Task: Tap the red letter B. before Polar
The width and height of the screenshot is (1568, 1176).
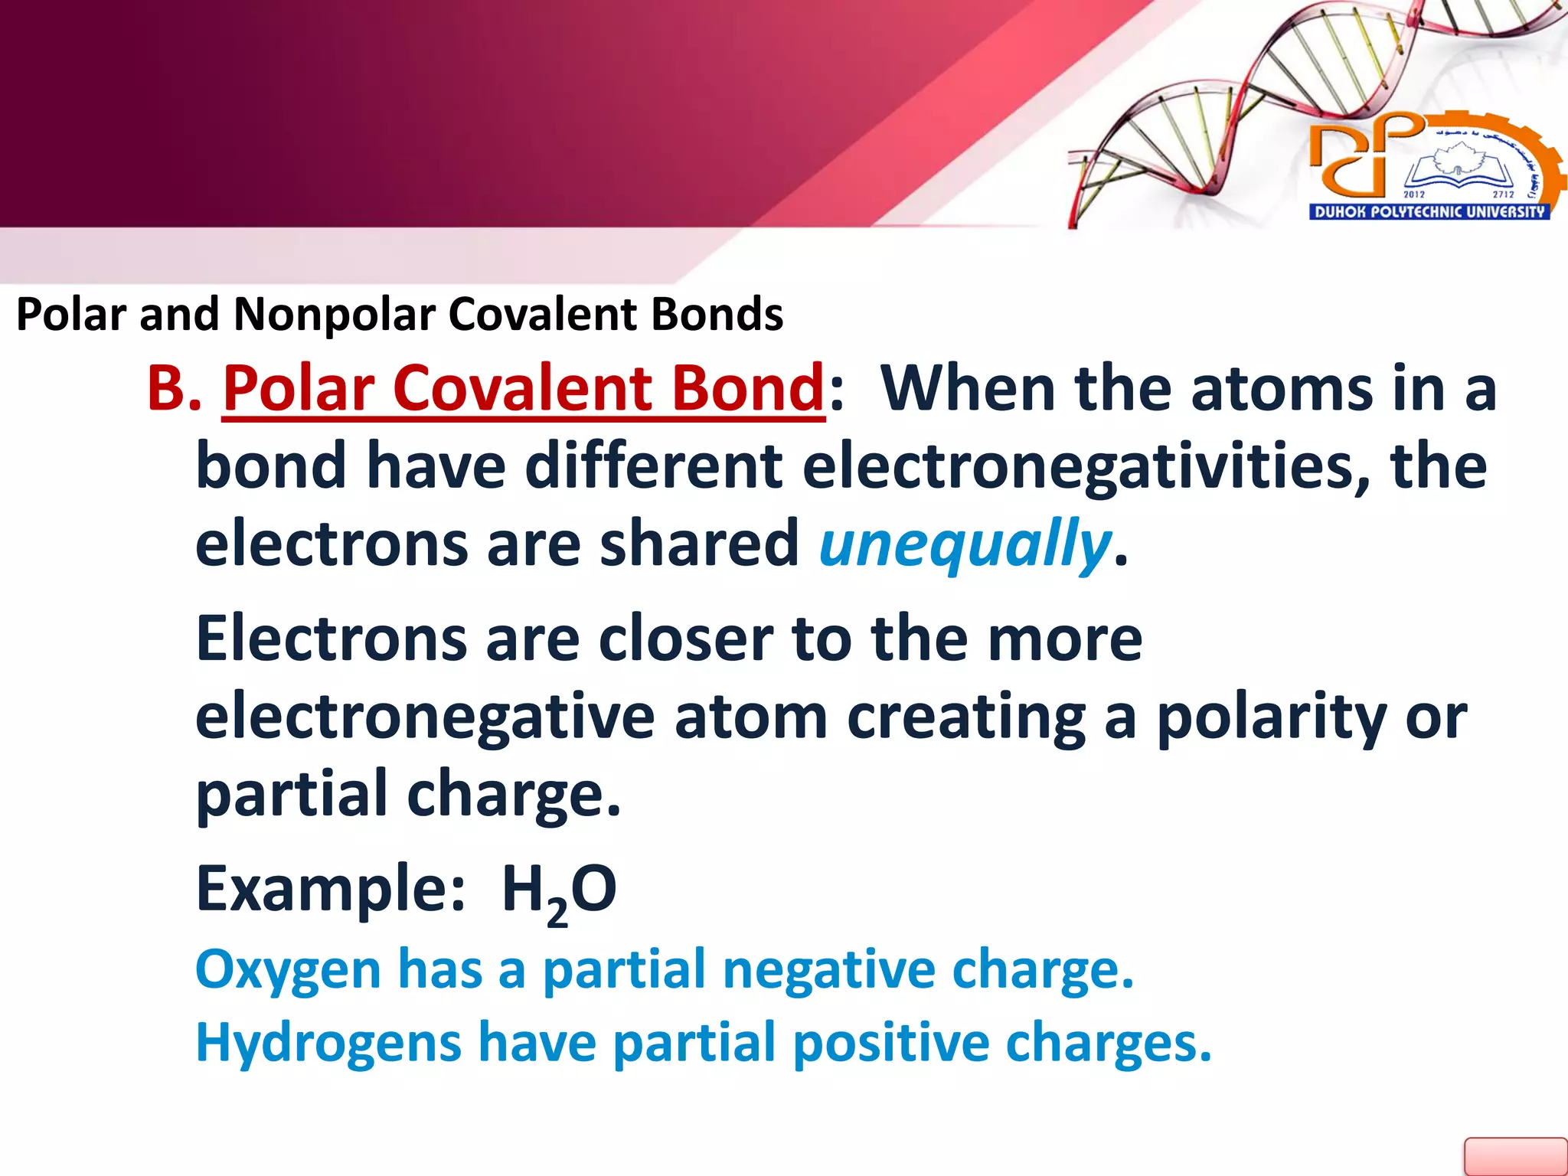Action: [x=174, y=389]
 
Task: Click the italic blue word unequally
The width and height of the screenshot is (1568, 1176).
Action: [x=964, y=544]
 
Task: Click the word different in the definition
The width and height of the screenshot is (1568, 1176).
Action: [x=653, y=466]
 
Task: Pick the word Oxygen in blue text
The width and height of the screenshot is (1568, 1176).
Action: [x=288, y=970]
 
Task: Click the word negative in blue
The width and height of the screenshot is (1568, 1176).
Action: [x=828, y=970]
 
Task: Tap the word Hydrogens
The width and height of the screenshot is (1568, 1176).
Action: [x=328, y=1044]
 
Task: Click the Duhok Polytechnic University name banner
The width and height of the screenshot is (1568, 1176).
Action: [x=1429, y=212]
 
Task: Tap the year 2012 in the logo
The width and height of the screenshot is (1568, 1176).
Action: [x=1413, y=194]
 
